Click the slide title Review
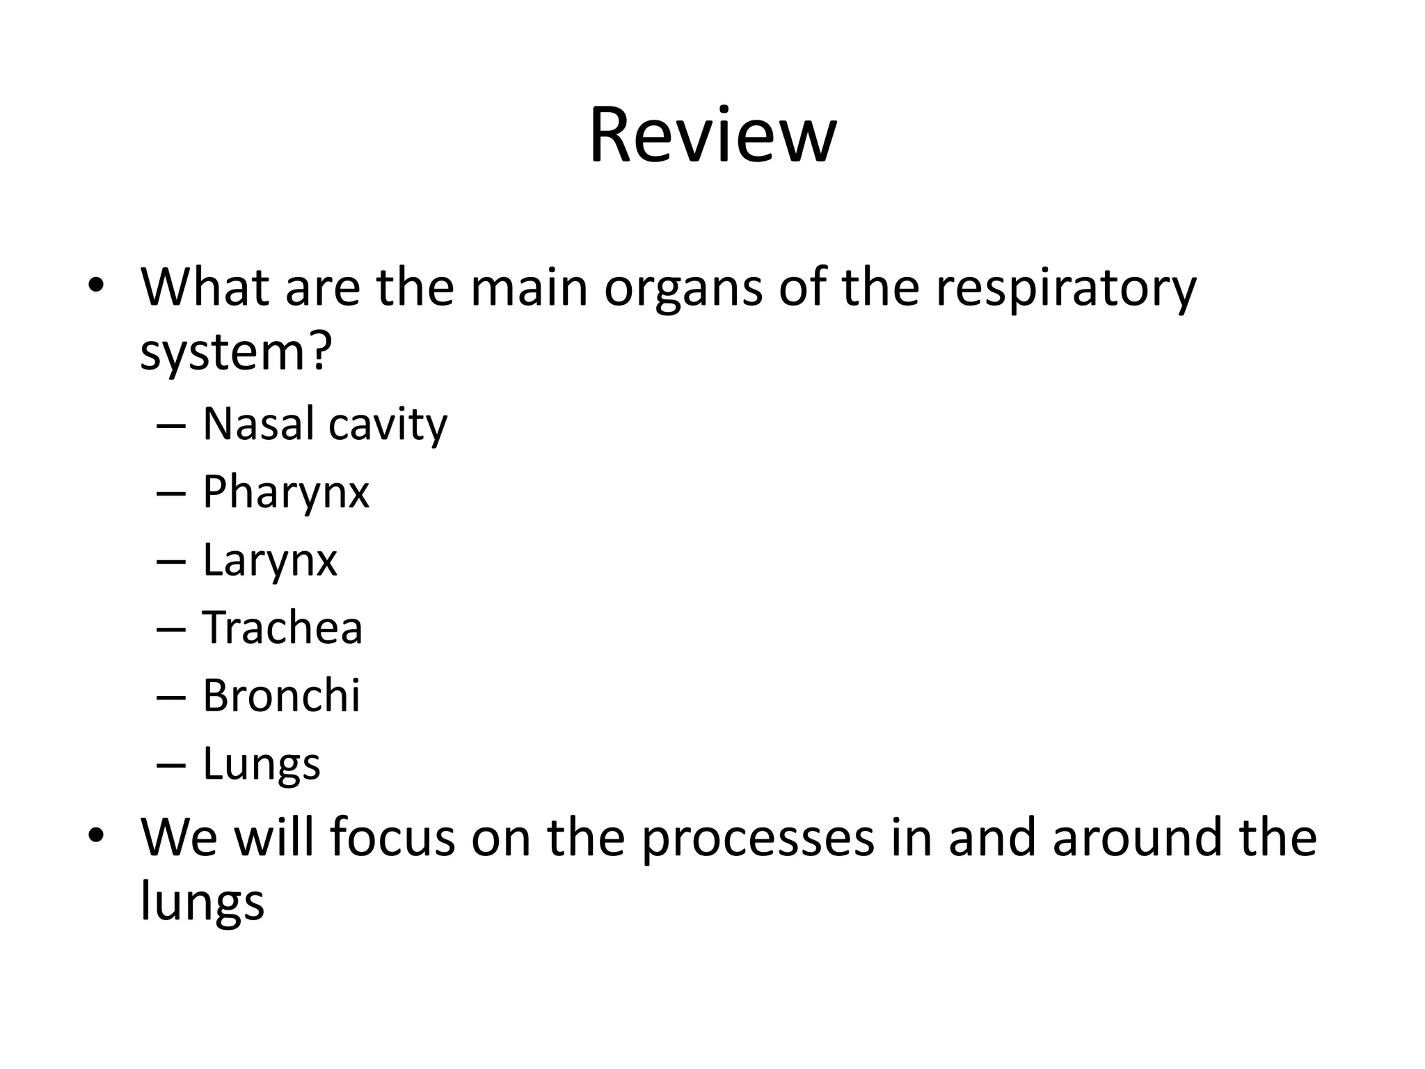pos(712,135)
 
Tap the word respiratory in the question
pos(1065,289)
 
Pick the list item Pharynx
pos(285,493)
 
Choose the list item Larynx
pos(269,560)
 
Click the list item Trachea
pos(282,628)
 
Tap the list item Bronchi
pos(281,695)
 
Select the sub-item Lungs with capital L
pos(261,763)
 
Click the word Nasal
pos(256,424)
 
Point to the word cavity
pos(388,425)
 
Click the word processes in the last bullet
pos(757,838)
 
